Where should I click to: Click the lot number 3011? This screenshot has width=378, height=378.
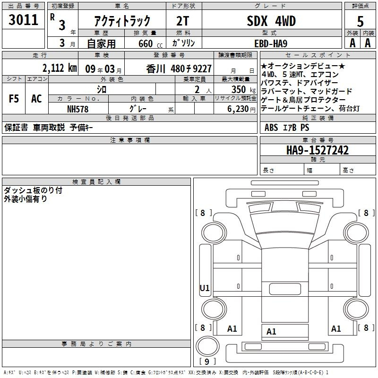[23, 20]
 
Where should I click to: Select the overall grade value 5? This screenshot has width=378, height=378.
[360, 21]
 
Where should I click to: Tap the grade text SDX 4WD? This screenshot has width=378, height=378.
[271, 21]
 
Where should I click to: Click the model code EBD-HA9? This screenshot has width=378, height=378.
[271, 43]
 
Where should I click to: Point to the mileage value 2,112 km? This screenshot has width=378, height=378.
[60, 68]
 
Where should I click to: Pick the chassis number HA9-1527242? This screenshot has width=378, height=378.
[317, 150]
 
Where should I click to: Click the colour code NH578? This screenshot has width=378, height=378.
[77, 109]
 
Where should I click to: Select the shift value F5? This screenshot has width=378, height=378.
[14, 99]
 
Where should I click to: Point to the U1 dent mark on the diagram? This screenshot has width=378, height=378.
[205, 288]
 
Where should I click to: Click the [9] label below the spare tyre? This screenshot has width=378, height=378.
[207, 361]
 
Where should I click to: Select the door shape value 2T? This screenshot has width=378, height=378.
[182, 21]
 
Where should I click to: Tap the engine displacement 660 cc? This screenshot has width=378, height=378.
[150, 44]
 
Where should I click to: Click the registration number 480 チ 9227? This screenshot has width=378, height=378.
[191, 69]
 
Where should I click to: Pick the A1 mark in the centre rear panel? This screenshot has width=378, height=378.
[271, 332]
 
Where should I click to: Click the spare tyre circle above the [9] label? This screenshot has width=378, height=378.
[207, 346]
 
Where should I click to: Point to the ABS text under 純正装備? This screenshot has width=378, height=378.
[271, 128]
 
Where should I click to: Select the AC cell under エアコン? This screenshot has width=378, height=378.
[36, 99]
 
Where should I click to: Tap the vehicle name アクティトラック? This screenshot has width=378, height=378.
[122, 21]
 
